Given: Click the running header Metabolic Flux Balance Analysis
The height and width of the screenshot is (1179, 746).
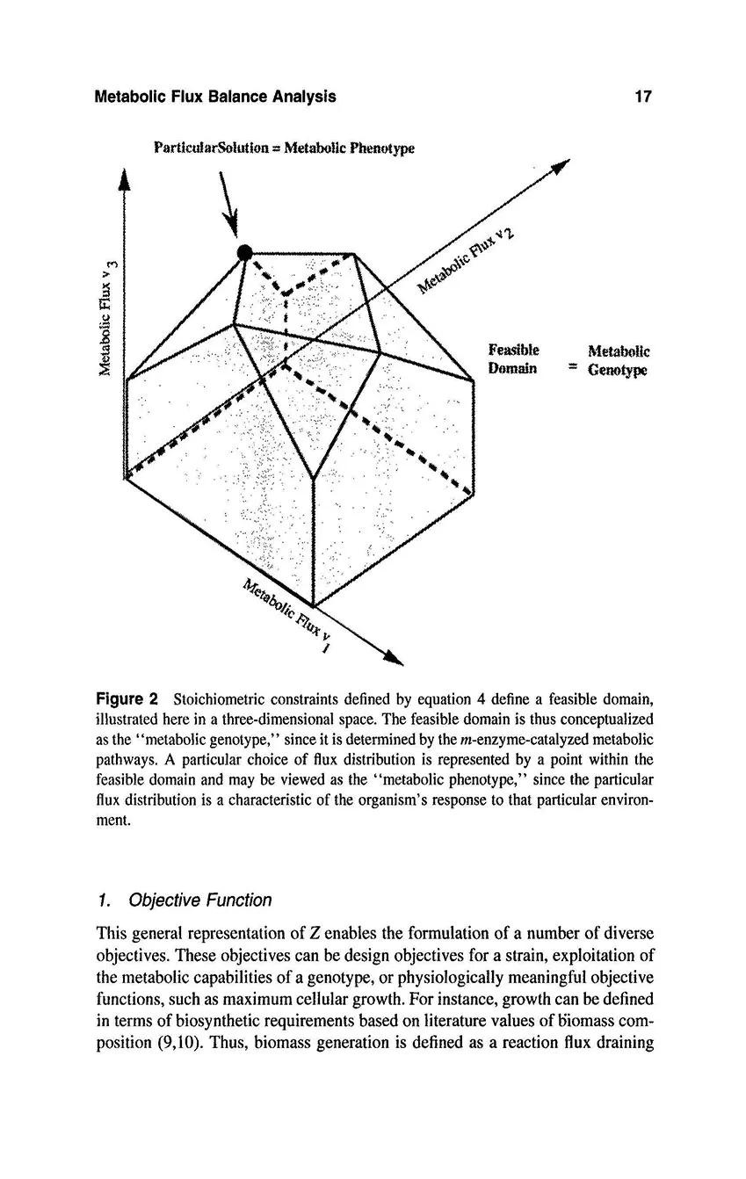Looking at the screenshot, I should [214, 97].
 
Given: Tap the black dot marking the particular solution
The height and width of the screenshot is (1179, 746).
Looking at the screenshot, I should [248, 252].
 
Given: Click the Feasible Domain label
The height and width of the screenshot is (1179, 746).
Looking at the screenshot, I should [514, 359].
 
